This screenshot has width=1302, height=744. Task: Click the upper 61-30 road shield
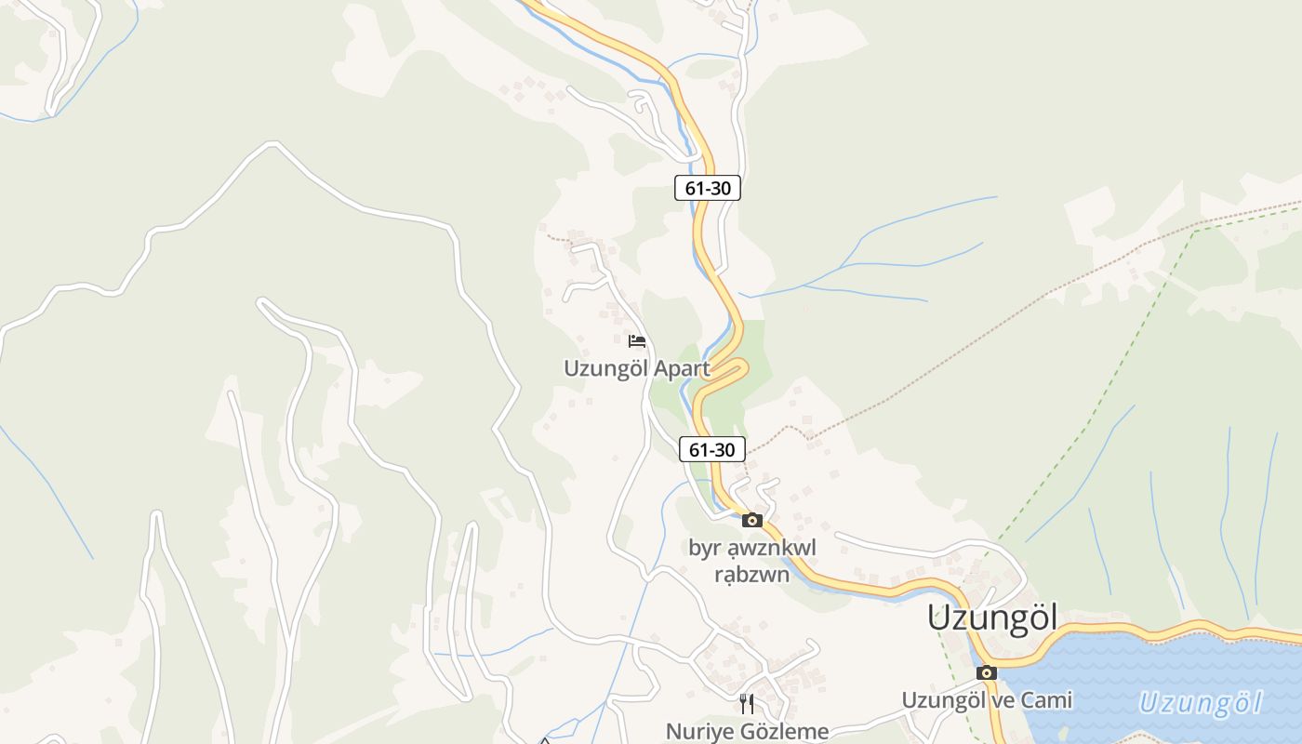pos(708,188)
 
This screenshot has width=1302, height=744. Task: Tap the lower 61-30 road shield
pos(712,449)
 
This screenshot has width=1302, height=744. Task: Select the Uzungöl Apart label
pos(636,368)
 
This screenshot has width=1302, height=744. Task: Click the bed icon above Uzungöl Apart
pos(637,341)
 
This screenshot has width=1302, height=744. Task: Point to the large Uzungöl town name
pos(992,618)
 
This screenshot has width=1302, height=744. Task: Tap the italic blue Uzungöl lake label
pos(1201,703)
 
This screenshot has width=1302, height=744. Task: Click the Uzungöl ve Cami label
pos(987,699)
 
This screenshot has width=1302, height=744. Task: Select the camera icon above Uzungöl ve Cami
pos(987,672)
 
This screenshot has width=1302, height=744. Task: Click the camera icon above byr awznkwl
pos(752,521)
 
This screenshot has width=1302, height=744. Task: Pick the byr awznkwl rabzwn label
pos(751,561)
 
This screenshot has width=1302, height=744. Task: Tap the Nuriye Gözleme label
pos(747,731)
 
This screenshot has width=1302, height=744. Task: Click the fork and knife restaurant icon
pos(747,703)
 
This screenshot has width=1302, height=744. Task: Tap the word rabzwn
pos(751,575)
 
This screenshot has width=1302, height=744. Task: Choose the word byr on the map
pos(705,548)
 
